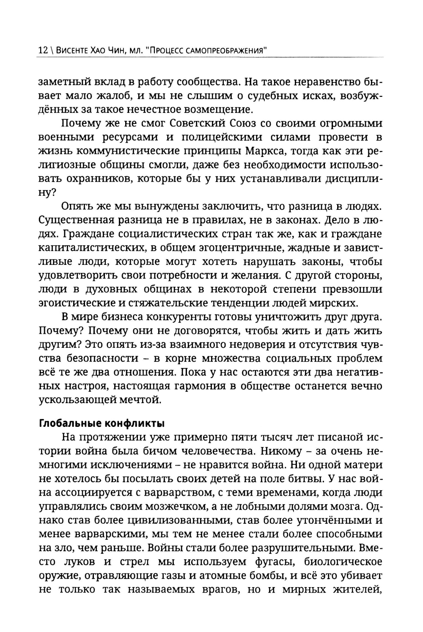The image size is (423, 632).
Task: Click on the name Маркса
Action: coord(250,151)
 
